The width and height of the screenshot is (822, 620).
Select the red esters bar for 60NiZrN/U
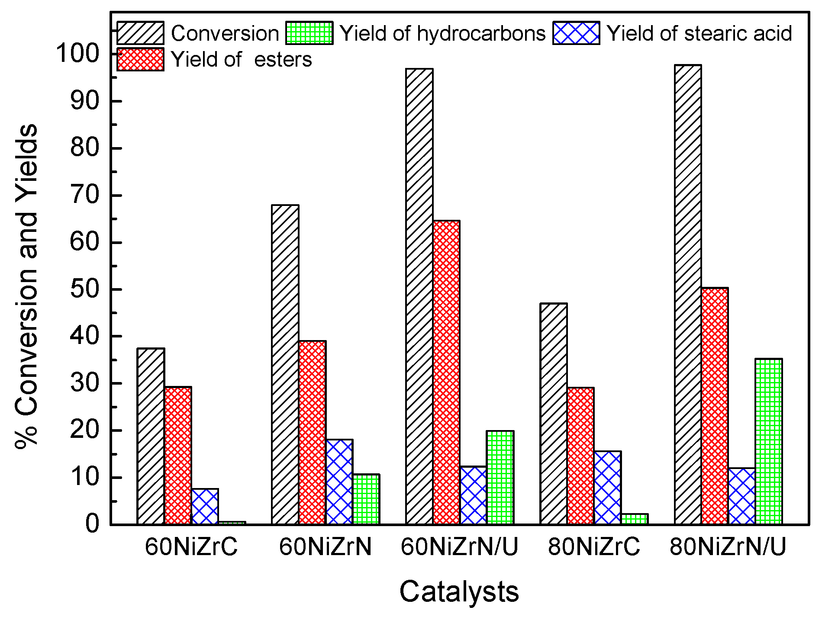[446, 372]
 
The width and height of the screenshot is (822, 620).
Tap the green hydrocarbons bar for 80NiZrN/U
[768, 441]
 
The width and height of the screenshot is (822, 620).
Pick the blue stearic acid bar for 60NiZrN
[339, 482]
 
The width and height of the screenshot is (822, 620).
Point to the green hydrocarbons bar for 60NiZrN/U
[500, 478]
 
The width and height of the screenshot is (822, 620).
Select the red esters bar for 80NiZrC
[580, 456]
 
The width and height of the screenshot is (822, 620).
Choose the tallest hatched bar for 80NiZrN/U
[688, 294]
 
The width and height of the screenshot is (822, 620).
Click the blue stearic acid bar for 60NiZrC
[205, 507]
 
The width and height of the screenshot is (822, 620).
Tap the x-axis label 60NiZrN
[325, 547]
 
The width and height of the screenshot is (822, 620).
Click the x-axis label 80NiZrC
[594, 547]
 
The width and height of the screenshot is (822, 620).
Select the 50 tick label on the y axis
[84, 289]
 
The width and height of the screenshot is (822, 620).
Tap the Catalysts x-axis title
[459, 591]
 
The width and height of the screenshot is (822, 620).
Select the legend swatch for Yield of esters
[140, 59]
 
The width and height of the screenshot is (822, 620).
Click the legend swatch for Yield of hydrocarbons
[309, 33]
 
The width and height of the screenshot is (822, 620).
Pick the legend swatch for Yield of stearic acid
[576, 33]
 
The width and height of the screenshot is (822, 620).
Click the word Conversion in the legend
[225, 33]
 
